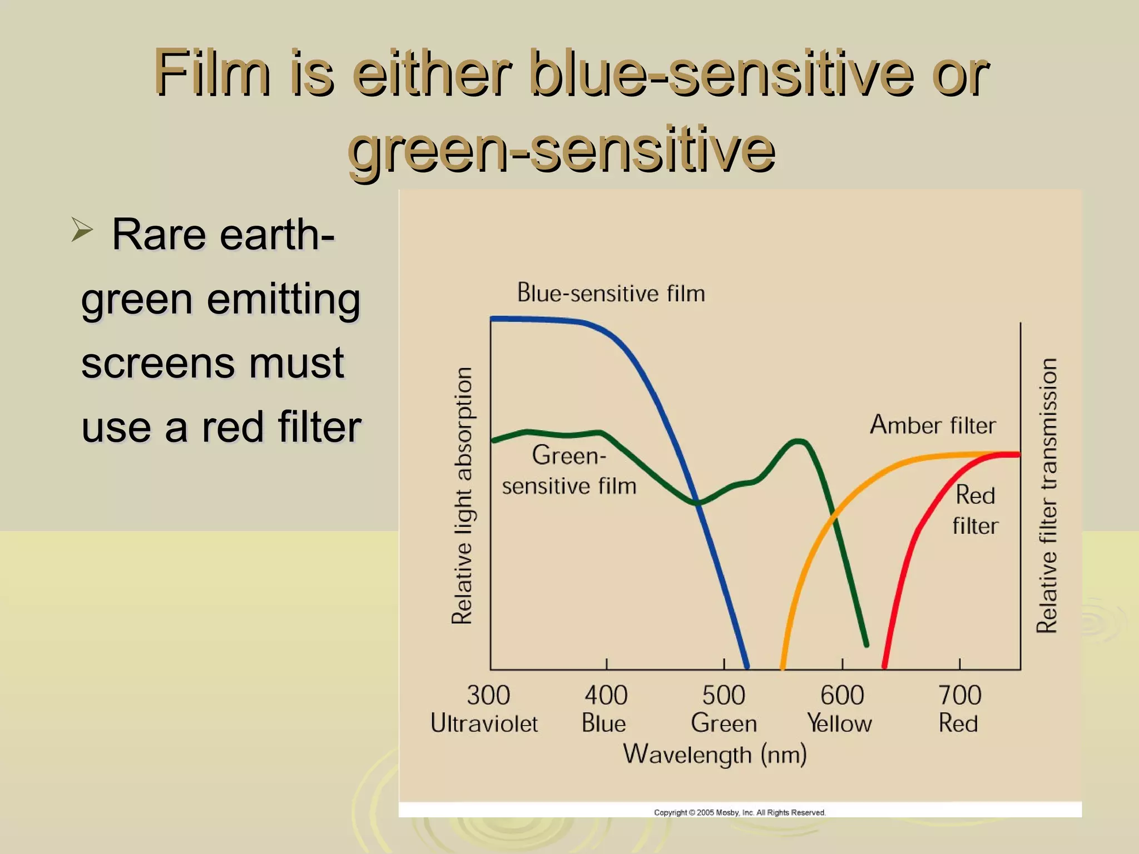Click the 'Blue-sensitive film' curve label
pos(611,293)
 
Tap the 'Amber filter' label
pos(933,425)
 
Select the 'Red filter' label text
pos(975,510)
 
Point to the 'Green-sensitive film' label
pos(569,470)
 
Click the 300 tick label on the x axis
pos(488,696)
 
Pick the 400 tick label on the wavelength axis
pos(606,696)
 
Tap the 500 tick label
pos(724,696)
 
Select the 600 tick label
pos(842,696)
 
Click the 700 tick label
pos(959,696)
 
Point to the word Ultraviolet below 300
pos(484,724)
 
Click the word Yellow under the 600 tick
pos(839,724)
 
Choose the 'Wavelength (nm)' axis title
pos(715,755)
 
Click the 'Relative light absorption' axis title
pos(462,495)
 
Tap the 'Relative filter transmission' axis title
pos(1047,495)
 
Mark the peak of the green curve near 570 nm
pos(799,442)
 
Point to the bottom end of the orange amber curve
pos(783,666)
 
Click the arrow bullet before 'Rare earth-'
pos(82,230)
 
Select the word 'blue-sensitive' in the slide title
pos(721,73)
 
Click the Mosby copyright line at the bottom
pos(740,812)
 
